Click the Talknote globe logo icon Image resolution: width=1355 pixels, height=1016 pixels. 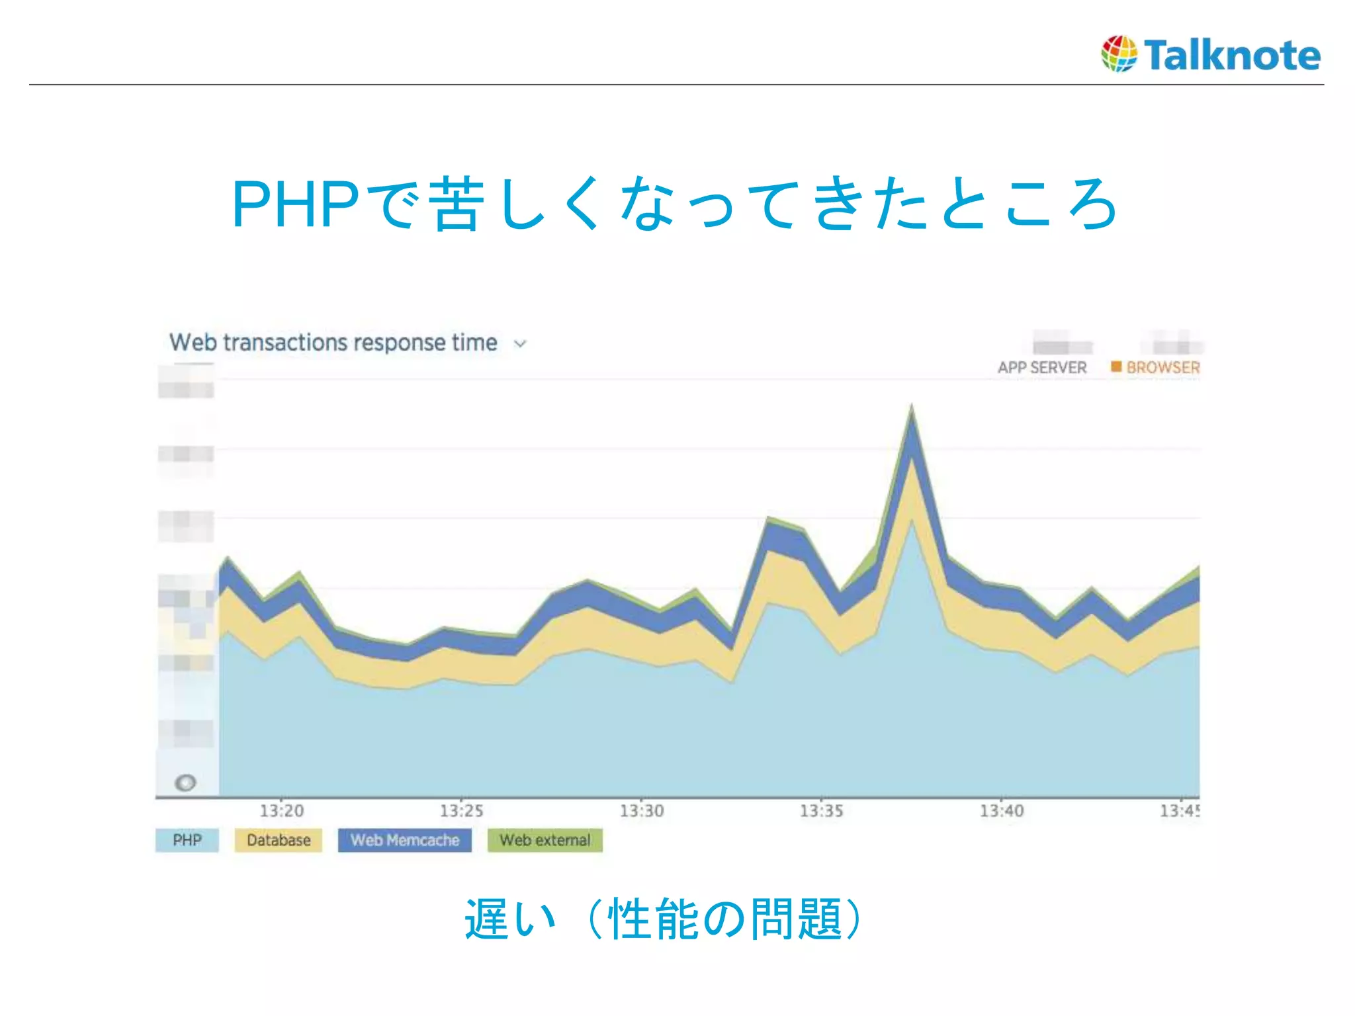1119,54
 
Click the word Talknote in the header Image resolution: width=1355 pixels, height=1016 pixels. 1233,55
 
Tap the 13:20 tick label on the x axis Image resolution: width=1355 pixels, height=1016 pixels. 282,811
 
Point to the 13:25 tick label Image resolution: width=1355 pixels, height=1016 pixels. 462,811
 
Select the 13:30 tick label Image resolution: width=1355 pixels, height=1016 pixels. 642,811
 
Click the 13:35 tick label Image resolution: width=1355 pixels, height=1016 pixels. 822,811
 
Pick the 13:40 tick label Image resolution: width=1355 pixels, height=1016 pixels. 1002,811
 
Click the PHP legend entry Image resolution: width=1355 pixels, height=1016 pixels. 187,841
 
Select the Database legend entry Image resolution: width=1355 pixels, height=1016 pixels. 279,841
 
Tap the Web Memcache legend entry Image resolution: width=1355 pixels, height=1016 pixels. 405,841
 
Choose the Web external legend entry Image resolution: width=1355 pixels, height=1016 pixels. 545,841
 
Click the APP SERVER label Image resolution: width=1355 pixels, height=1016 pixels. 1042,368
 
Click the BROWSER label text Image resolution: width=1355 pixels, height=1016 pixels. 1163,368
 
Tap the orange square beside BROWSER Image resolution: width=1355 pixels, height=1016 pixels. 1116,366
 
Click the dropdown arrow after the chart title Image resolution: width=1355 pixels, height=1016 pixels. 521,344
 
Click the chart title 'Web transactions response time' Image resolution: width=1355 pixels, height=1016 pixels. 333,343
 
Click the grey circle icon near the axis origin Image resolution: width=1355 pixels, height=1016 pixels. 185,783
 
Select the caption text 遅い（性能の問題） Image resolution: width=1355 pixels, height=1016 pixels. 664,919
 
